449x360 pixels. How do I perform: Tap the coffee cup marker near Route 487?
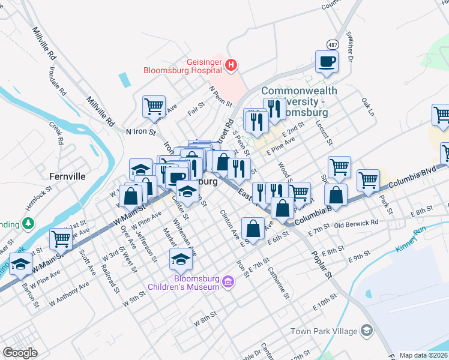tap(327, 61)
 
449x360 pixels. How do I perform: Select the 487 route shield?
tap(333, 44)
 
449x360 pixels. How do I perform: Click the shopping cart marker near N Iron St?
tap(154, 106)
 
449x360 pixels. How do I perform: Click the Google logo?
tap(20, 353)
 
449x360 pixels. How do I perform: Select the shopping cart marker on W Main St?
tap(61, 239)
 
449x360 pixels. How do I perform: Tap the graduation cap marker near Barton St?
tap(21, 263)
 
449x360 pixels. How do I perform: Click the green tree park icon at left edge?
tap(28, 224)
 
